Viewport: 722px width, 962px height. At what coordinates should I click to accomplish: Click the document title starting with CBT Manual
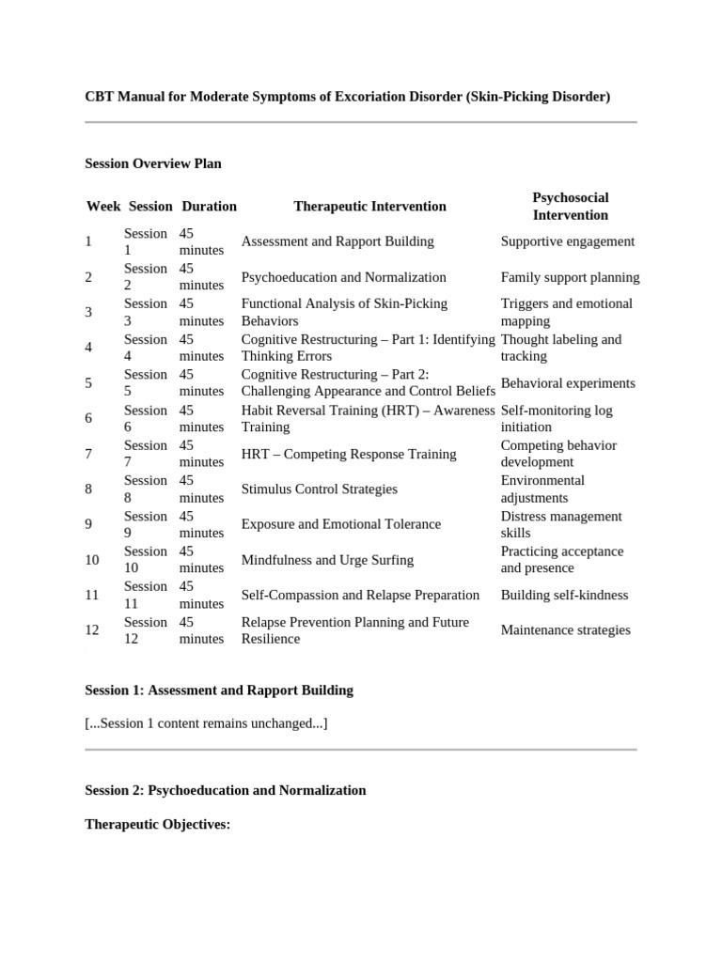coord(347,96)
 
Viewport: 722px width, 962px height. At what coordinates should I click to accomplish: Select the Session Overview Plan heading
coord(153,163)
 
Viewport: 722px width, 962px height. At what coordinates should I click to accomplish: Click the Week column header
coord(103,206)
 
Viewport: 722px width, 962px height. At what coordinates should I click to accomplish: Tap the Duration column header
coord(209,206)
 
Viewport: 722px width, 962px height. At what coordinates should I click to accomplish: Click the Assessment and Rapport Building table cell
coord(337,241)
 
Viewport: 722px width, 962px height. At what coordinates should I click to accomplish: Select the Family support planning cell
coord(570,277)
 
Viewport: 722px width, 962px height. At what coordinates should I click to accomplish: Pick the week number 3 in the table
coord(88,312)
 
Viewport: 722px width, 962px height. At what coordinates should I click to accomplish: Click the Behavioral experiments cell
coord(568,383)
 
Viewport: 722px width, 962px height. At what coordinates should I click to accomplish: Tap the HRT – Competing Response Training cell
coord(349,454)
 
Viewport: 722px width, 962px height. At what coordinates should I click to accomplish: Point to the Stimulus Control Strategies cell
coord(319,489)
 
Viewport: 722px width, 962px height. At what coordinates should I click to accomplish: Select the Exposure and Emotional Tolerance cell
coord(340,524)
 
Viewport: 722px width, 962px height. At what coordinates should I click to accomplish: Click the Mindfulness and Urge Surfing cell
coord(327,560)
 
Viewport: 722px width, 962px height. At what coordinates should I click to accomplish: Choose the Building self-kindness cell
coord(564,595)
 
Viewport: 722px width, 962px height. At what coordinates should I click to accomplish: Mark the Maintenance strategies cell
coord(565,630)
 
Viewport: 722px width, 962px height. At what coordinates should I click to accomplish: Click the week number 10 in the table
coord(91,560)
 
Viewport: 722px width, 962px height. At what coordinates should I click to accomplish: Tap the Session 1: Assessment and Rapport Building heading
coord(219,690)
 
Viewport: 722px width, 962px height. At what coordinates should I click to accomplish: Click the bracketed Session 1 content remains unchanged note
coord(206,722)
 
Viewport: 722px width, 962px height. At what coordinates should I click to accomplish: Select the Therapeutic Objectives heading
coord(157,824)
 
